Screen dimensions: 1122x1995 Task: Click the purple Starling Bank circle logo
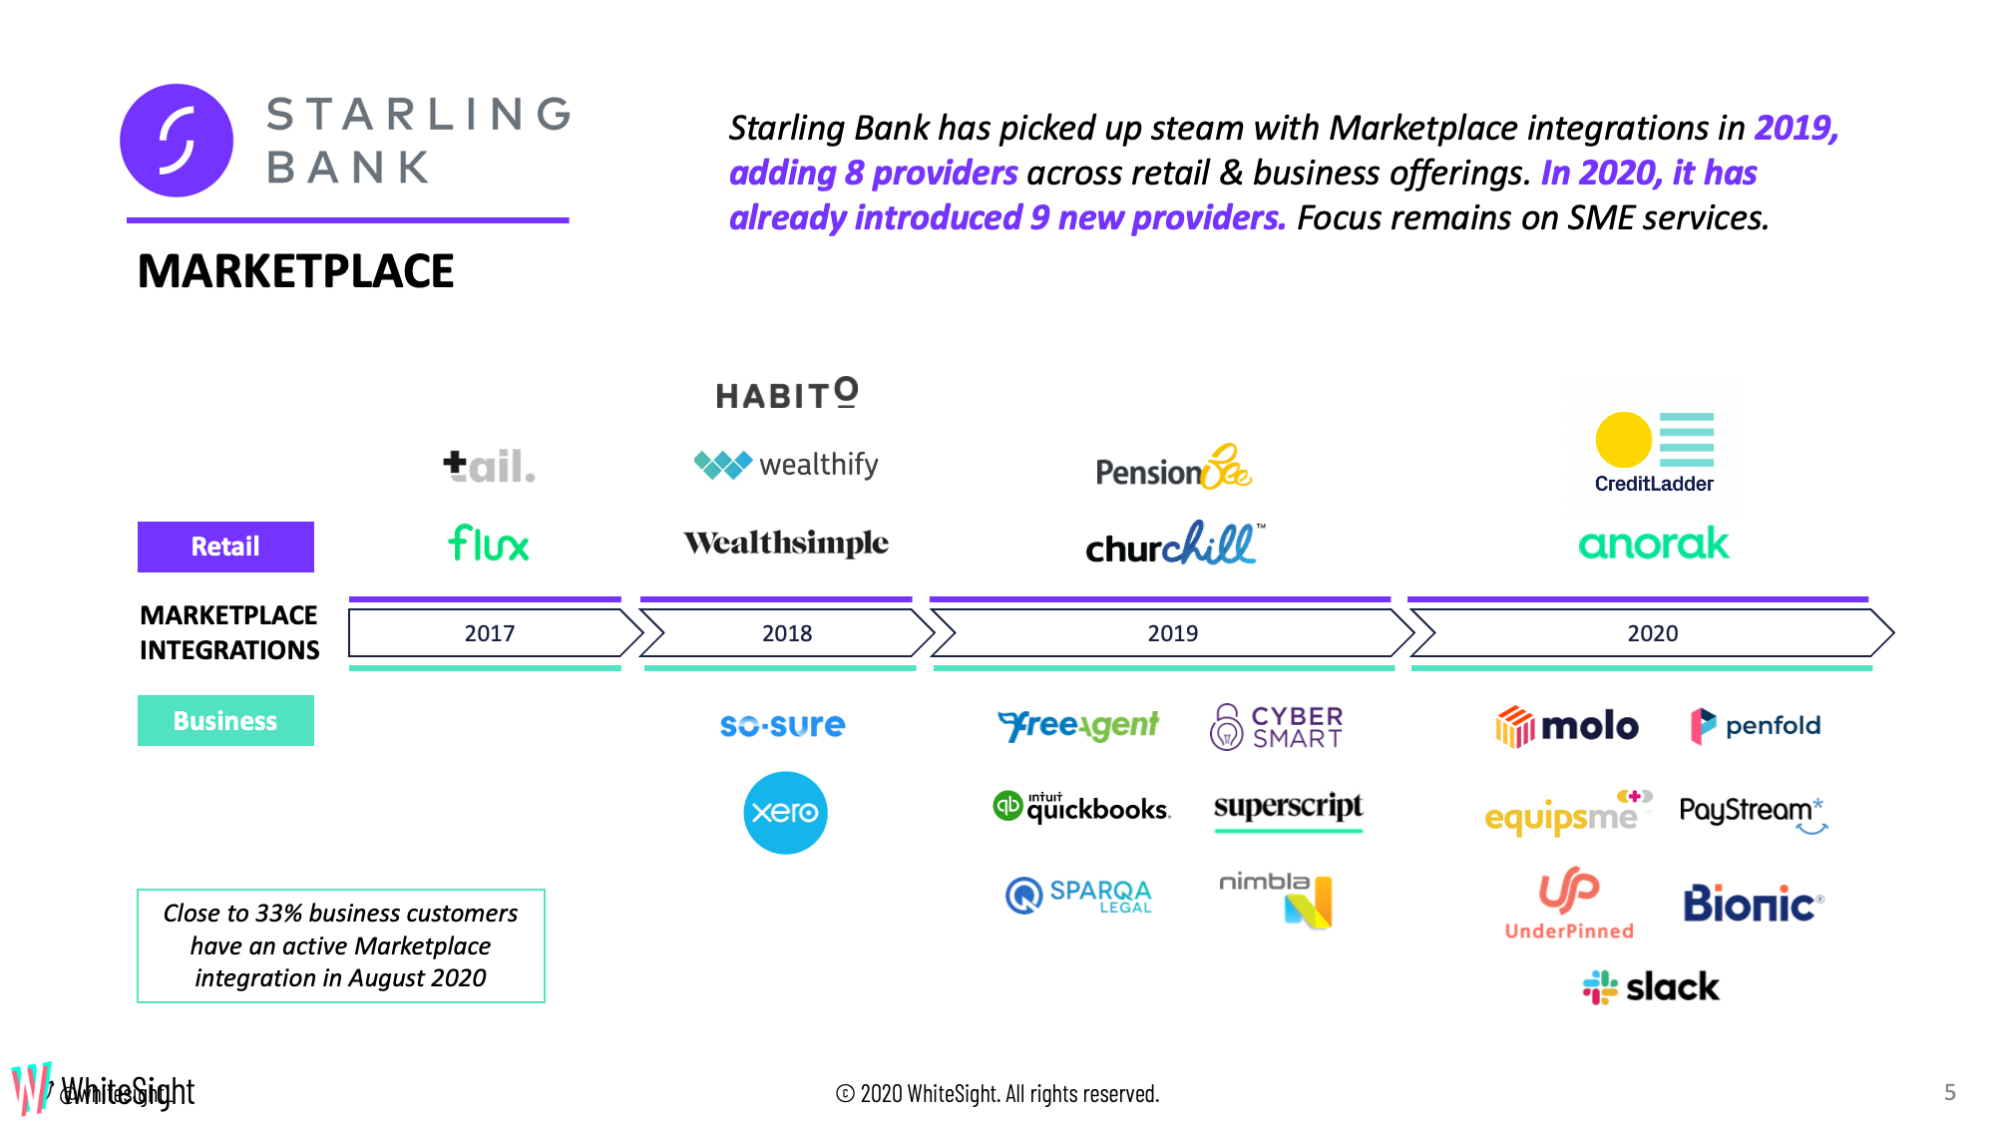(x=177, y=141)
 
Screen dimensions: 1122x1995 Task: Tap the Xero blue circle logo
(x=785, y=812)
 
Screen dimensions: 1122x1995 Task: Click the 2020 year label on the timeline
(x=1652, y=633)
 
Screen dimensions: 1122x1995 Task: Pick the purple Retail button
(x=225, y=547)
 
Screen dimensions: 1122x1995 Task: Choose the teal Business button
(x=225, y=720)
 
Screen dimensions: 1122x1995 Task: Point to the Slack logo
(x=1651, y=987)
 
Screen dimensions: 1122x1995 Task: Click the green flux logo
(x=489, y=544)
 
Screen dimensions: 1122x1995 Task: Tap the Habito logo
(x=787, y=394)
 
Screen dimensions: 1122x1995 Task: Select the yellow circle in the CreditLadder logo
(x=1623, y=440)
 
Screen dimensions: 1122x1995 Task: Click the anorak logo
(x=1653, y=544)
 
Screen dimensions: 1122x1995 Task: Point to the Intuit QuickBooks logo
(x=1081, y=806)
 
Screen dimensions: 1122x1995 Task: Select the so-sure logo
(x=782, y=725)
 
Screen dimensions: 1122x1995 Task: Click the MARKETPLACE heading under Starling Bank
(x=295, y=271)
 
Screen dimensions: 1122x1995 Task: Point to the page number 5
(x=1949, y=1092)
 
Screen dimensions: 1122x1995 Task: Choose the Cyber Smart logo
(x=1277, y=727)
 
